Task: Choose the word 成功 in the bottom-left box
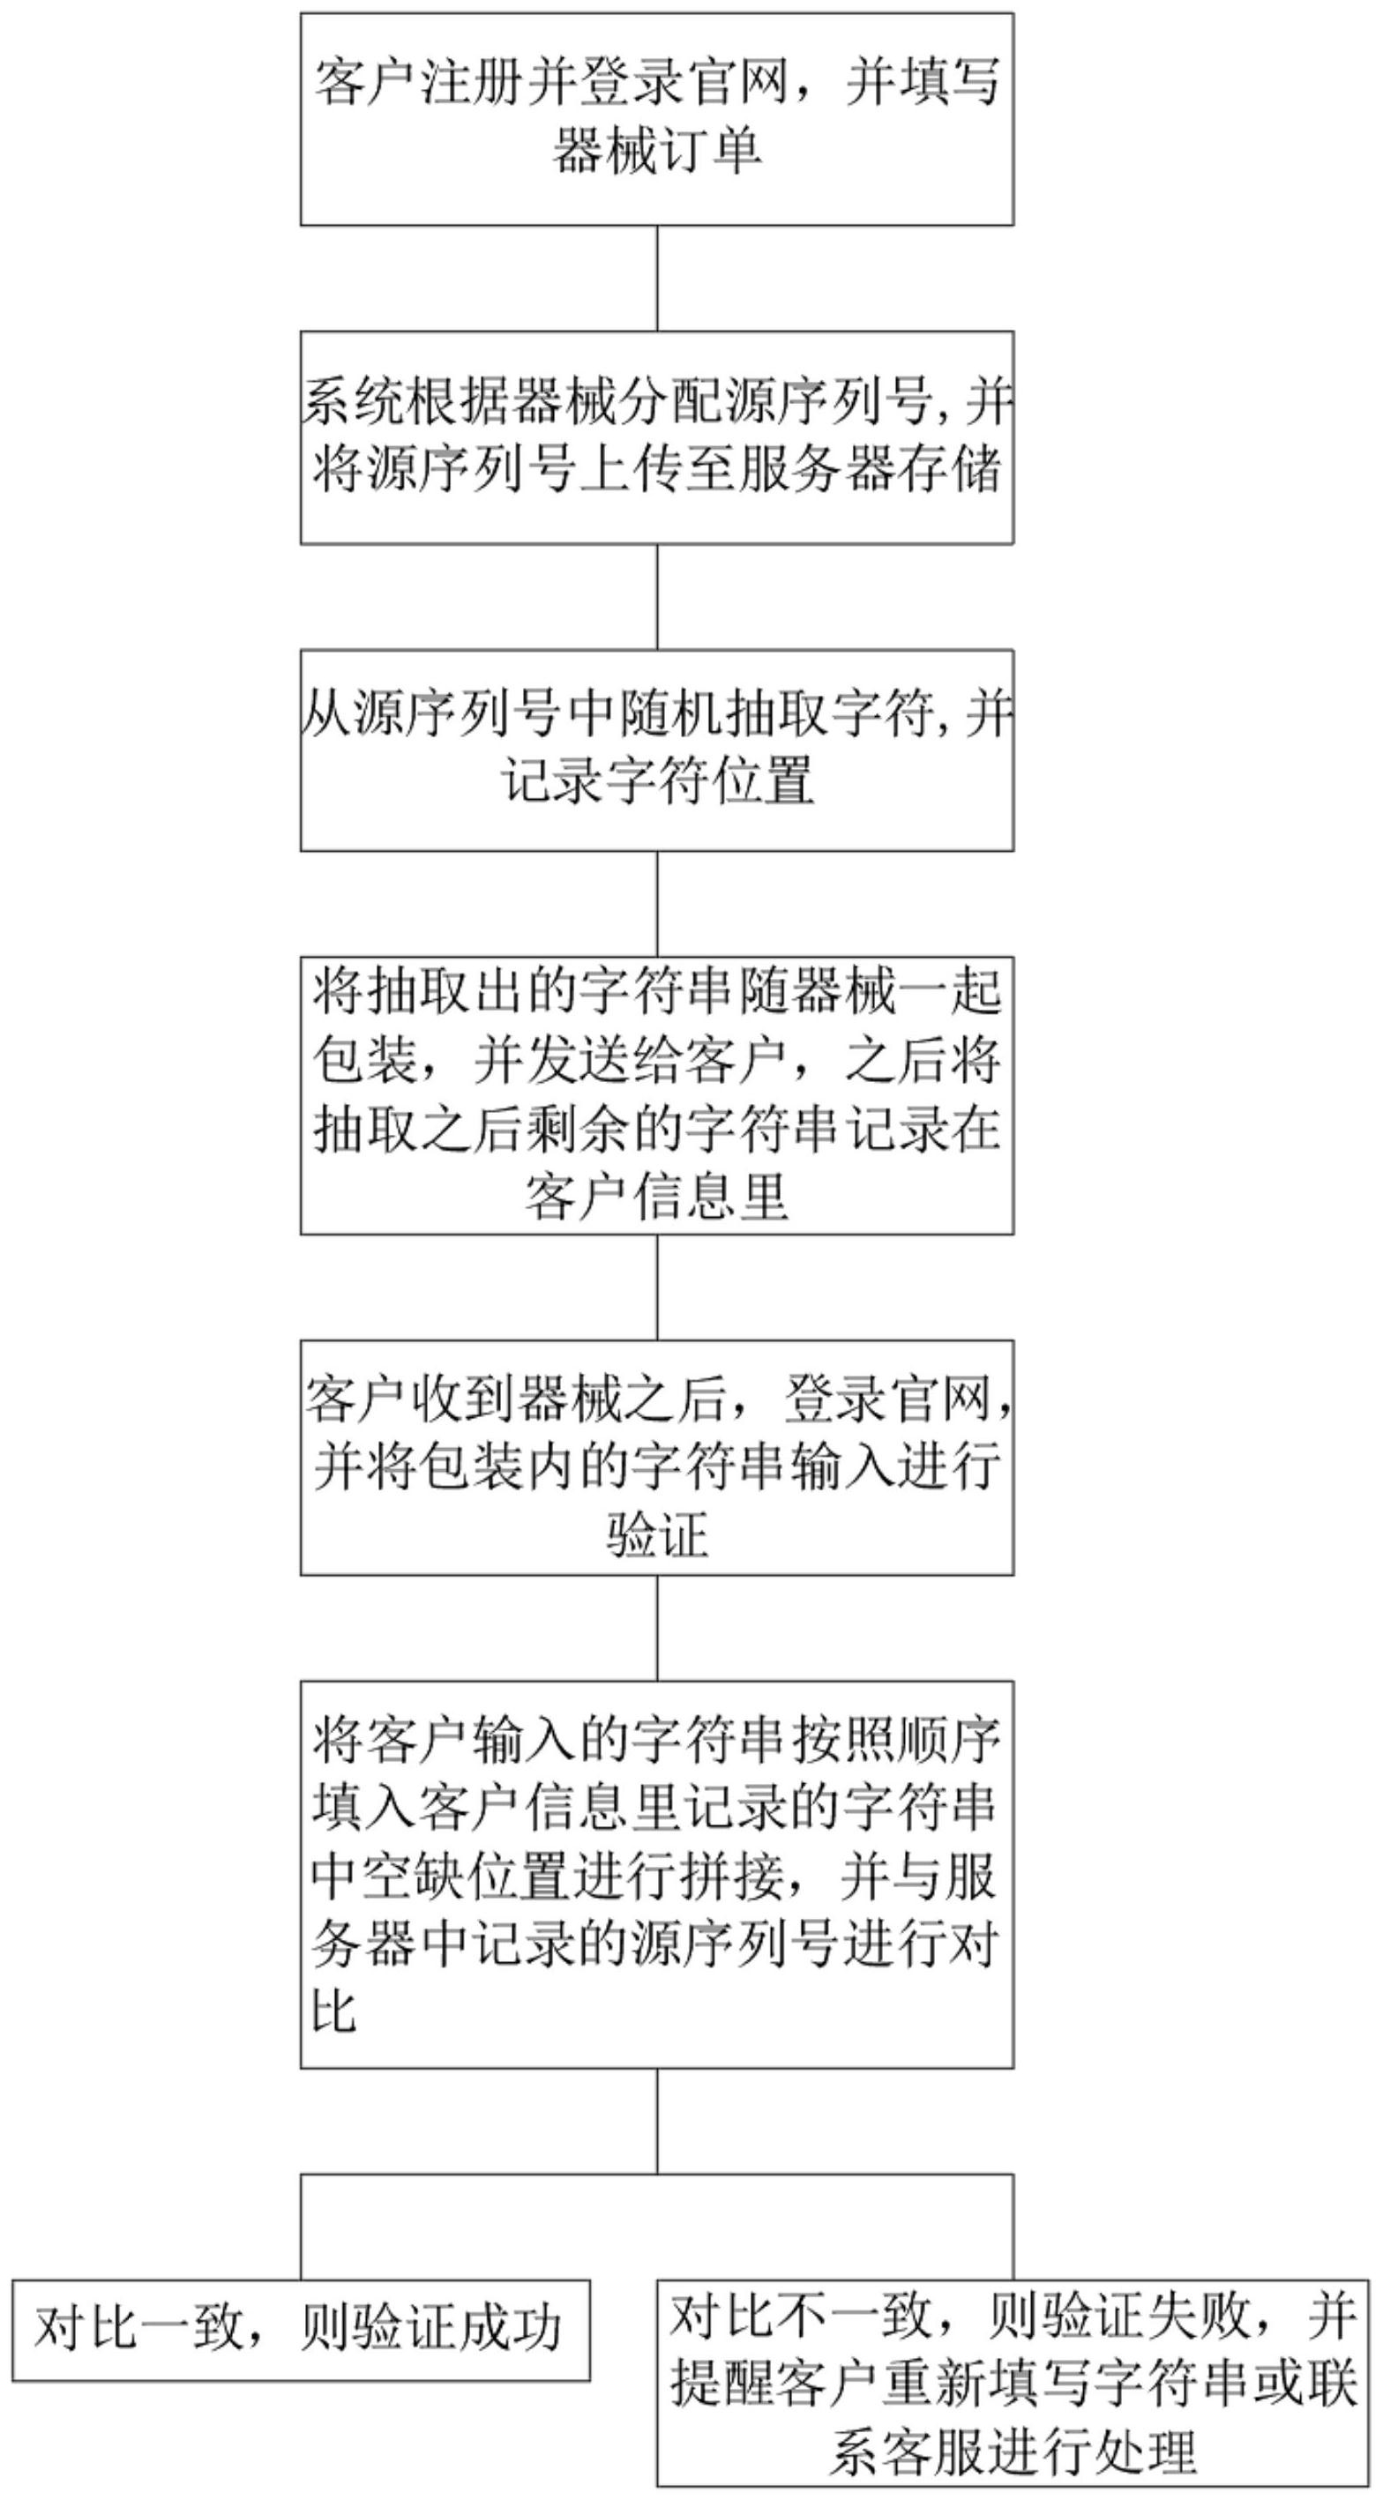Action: [x=512, y=2328]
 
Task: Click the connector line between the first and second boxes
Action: [x=657, y=279]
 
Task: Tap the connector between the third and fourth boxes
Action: [x=657, y=904]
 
